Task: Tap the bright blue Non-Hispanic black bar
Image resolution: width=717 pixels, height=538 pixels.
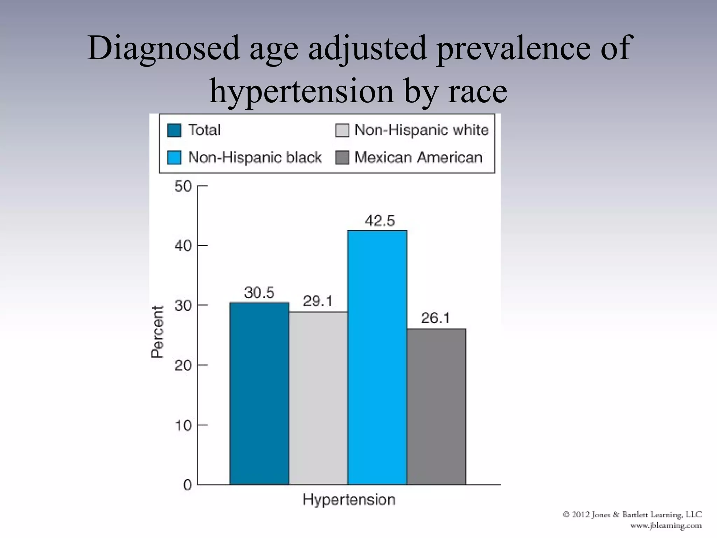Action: pyautogui.click(x=377, y=357)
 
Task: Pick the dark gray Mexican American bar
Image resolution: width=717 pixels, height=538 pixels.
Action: pyautogui.click(x=436, y=406)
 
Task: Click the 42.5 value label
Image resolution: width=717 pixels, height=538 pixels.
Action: pyautogui.click(x=380, y=221)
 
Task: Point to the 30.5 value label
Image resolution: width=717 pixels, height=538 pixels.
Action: pyautogui.click(x=259, y=292)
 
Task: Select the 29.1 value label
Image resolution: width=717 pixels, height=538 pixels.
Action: pyautogui.click(x=318, y=301)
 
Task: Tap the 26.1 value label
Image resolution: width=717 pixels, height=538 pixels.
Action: pyautogui.click(x=435, y=318)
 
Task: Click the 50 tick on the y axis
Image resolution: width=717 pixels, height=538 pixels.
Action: pyautogui.click(x=183, y=186)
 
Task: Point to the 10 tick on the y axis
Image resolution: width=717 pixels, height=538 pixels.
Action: pyautogui.click(x=183, y=426)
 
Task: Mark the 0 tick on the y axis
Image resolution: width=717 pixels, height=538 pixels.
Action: pyautogui.click(x=187, y=485)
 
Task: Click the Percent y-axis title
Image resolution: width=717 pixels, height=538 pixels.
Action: pyautogui.click(x=157, y=332)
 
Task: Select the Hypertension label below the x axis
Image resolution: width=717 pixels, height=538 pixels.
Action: pyautogui.click(x=349, y=499)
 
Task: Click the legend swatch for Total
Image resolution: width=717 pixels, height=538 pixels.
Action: pyautogui.click(x=174, y=130)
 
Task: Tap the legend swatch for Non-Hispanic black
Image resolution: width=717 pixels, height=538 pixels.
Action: pyautogui.click(x=174, y=158)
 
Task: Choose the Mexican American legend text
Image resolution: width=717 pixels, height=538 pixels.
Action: pyautogui.click(x=418, y=158)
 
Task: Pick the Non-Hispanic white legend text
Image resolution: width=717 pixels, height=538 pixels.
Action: pyautogui.click(x=421, y=130)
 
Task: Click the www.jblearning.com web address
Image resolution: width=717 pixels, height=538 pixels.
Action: pyautogui.click(x=666, y=525)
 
